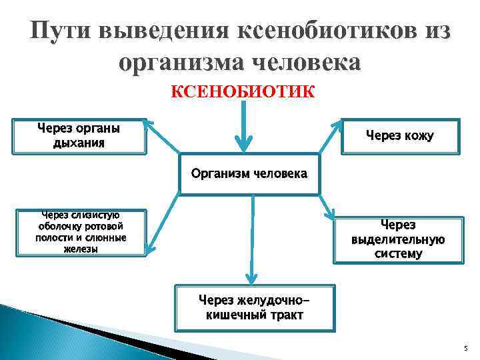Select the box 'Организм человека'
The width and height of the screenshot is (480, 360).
[x=249, y=175]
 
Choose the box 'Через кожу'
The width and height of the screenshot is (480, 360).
[x=399, y=137]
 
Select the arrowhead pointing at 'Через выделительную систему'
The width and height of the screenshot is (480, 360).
[x=331, y=214]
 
